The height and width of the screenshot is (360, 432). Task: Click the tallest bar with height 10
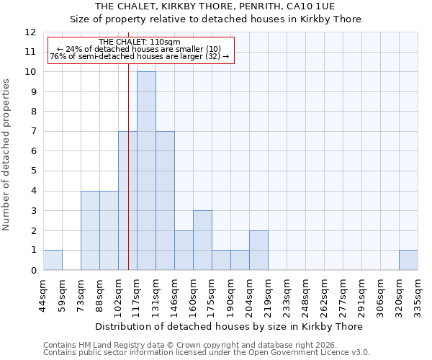pyautogui.click(x=146, y=171)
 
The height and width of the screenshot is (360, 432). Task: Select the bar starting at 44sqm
pyautogui.click(x=53, y=260)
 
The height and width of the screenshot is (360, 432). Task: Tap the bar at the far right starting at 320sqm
pyautogui.click(x=408, y=260)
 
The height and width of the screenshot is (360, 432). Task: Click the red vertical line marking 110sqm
pyautogui.click(x=128, y=166)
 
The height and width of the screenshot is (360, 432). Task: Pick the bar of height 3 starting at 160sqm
pyautogui.click(x=202, y=240)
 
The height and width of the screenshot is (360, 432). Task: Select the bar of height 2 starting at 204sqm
pyautogui.click(x=258, y=250)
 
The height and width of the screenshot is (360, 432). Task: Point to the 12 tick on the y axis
pyautogui.click(x=31, y=32)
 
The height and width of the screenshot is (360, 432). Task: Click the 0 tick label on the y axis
pyautogui.click(x=33, y=271)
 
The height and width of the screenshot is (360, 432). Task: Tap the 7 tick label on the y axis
pyautogui.click(x=33, y=132)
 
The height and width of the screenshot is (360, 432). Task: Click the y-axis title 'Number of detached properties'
pyautogui.click(x=7, y=155)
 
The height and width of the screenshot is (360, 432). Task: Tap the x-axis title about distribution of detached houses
pyautogui.click(x=229, y=326)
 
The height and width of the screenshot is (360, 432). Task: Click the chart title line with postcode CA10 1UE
pyautogui.click(x=215, y=6)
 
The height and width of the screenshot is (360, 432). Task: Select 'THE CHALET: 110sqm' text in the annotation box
pyautogui.click(x=140, y=42)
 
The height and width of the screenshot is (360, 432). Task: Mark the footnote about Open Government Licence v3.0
pyautogui.click(x=206, y=353)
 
